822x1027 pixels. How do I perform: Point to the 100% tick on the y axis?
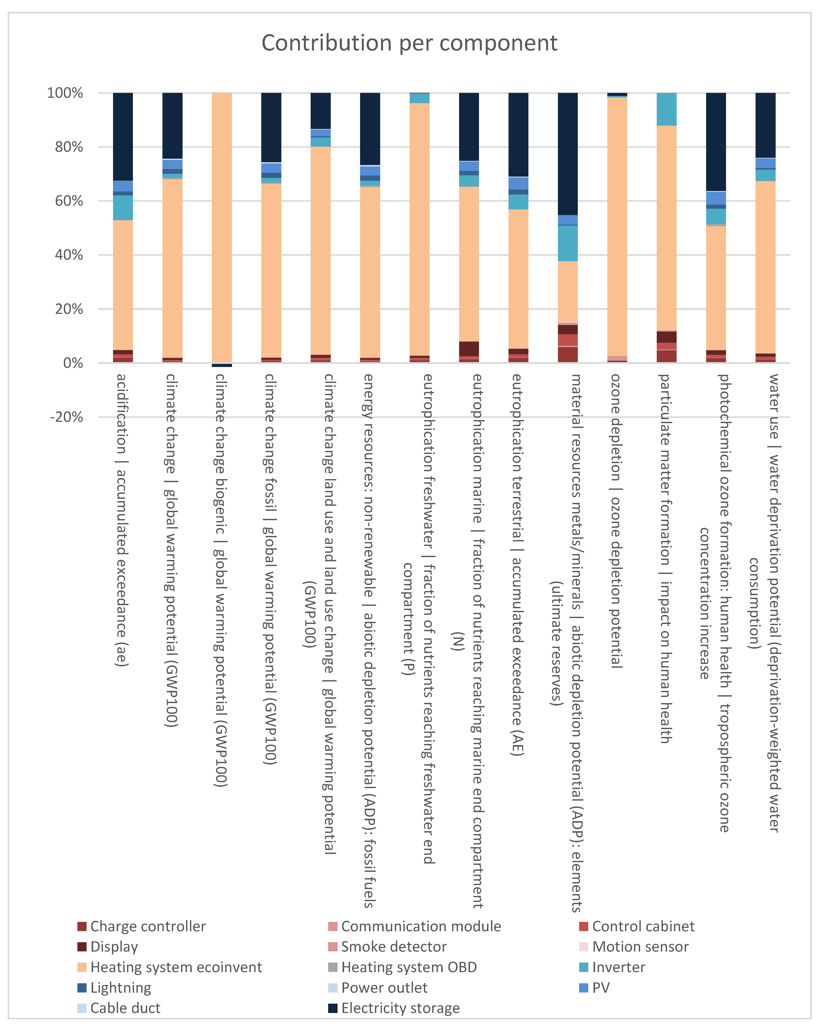tap(65, 93)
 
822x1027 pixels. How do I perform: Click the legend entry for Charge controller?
tap(148, 926)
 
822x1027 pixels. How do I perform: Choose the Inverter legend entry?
tap(618, 968)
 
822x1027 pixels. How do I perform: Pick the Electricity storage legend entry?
tap(400, 1008)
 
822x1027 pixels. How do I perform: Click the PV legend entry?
tap(600, 988)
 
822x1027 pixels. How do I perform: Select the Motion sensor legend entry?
tap(640, 947)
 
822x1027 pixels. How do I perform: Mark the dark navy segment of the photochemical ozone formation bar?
tap(716, 141)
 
